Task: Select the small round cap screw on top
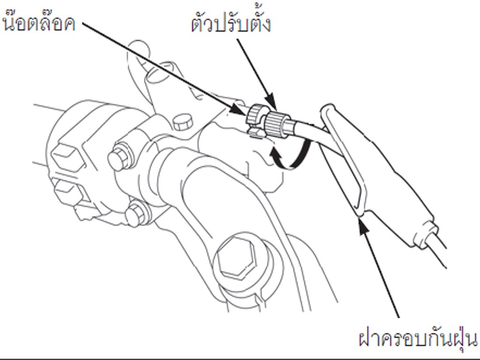click(x=183, y=122)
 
